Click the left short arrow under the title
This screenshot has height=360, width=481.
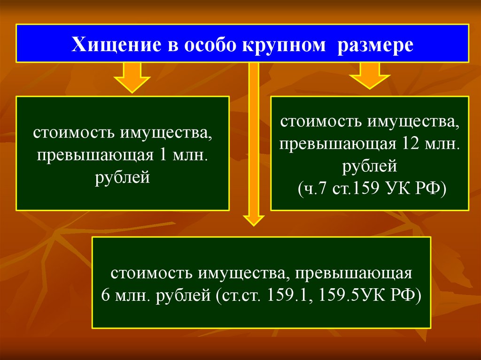tap(132, 78)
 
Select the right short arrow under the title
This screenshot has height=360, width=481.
tap(369, 76)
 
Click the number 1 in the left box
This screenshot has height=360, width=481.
tap(163, 155)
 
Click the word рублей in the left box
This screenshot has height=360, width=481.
tap(123, 177)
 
